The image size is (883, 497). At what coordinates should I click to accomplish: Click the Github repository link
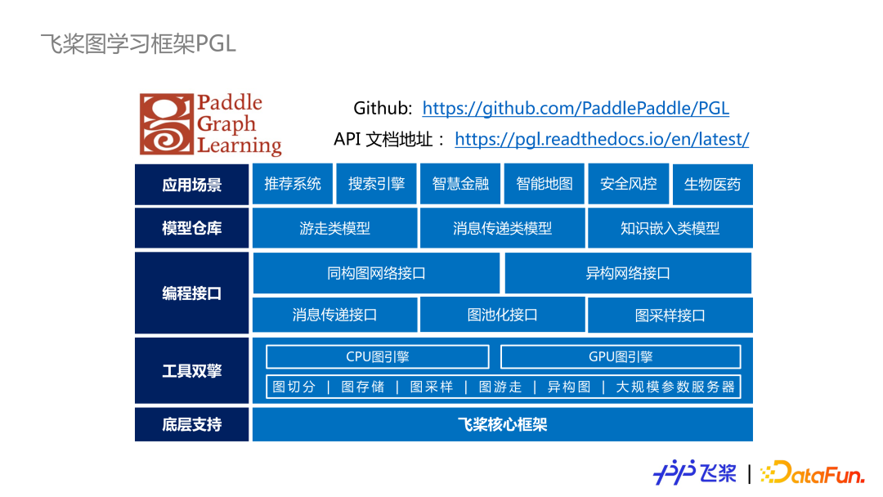pos(576,109)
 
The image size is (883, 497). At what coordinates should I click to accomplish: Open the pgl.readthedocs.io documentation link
pos(602,139)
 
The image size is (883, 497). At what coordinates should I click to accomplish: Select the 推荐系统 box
pos(293,185)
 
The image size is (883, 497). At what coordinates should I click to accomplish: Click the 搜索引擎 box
pos(377,185)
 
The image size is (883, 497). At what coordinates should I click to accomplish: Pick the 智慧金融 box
pos(460,185)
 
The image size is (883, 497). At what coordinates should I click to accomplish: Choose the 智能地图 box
pos(545,185)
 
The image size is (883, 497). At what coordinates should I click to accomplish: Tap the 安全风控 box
pos(628,185)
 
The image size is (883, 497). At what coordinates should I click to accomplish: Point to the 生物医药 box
pos(712,185)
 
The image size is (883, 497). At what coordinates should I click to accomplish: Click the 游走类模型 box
pos(334,229)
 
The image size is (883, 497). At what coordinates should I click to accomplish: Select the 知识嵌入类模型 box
pos(670,229)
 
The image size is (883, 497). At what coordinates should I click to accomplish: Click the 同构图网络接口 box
pos(376,273)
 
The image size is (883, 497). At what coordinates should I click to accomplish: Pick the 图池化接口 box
pos(502,315)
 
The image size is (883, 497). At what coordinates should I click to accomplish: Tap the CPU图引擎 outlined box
pos(378,357)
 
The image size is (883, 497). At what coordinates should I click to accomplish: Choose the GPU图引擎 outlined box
pos(621,357)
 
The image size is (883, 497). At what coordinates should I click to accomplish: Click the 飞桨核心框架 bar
pos(502,424)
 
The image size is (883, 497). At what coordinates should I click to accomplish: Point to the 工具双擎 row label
pos(191,371)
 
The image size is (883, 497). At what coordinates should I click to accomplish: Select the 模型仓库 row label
pos(191,229)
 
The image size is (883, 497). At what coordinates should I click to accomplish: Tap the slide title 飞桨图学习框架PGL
pos(138,43)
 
